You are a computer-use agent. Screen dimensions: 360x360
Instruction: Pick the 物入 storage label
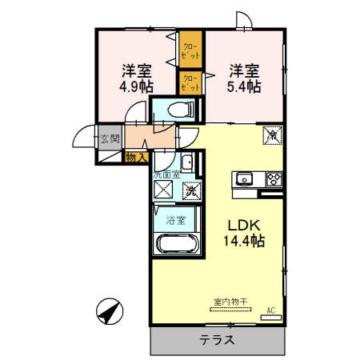(x=136, y=158)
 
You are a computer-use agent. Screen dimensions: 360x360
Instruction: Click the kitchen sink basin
(x=243, y=178)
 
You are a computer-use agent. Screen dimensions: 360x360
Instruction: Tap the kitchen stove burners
(x=273, y=178)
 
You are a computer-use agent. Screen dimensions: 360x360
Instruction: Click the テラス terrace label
(x=216, y=338)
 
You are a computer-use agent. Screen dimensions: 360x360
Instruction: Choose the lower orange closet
(x=190, y=82)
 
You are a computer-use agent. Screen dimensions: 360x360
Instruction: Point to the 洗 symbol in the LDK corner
(x=270, y=136)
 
